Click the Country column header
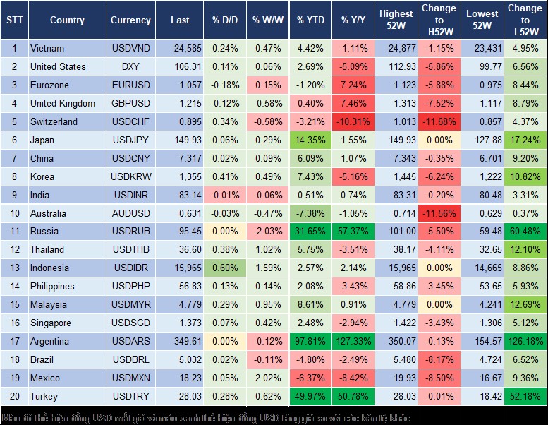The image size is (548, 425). [x=67, y=20]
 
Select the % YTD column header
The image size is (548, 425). [x=311, y=20]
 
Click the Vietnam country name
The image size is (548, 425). [x=47, y=49]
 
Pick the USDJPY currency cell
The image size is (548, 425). [x=130, y=140]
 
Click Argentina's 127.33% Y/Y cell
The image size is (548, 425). [x=355, y=341]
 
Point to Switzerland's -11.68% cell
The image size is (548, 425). [x=440, y=122]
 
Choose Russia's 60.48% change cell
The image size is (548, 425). [x=525, y=232]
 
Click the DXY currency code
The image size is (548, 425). [x=130, y=67]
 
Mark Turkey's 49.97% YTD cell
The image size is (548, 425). [x=311, y=396]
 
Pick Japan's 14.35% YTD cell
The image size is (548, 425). [x=311, y=140]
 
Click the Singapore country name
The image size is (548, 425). [x=51, y=323]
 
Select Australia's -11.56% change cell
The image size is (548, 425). [x=440, y=213]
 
